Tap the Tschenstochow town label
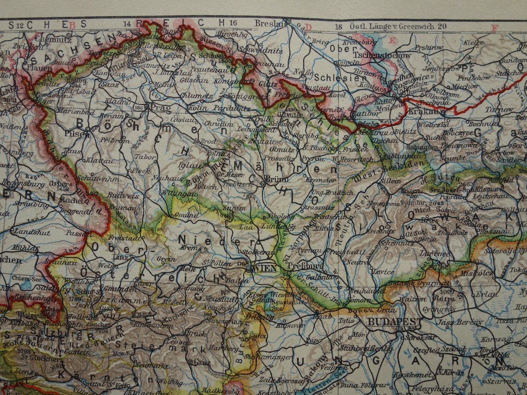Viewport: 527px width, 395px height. [x=375, y=55]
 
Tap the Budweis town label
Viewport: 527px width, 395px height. [x=116, y=195]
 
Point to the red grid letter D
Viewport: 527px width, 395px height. [x=308, y=27]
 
